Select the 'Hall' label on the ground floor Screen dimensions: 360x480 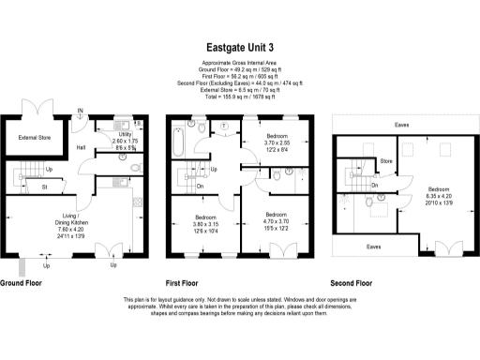[82, 147]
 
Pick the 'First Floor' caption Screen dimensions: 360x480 [187, 282]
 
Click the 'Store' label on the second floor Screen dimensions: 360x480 [383, 161]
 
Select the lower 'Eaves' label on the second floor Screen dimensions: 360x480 [373, 247]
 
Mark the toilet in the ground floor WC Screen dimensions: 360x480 [137, 167]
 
